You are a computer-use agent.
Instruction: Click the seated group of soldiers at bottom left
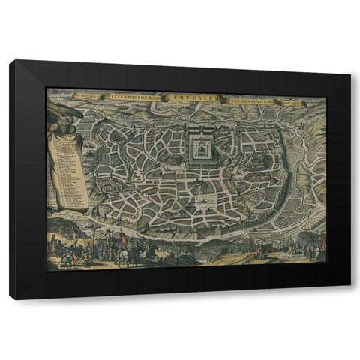coord(64,255)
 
